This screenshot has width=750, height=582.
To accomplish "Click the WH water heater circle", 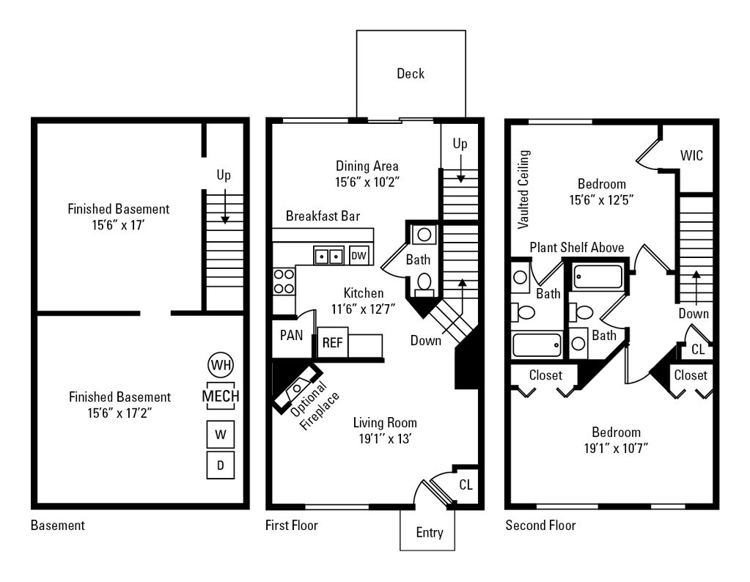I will click(220, 364).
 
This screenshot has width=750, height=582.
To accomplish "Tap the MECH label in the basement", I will click(220, 396).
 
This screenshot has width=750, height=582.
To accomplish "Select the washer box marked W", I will click(220, 434).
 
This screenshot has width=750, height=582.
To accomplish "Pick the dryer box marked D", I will click(220, 465).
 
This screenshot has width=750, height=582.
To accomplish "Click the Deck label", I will click(411, 73).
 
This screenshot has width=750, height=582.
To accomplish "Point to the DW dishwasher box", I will click(359, 255).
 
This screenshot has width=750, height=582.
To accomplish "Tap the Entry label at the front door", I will click(429, 533).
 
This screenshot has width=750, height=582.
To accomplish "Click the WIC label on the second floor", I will click(691, 155).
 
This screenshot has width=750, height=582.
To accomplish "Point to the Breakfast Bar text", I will click(323, 216).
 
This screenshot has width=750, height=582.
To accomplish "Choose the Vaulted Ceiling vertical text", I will click(524, 188).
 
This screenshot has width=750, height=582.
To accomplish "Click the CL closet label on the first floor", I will click(466, 485).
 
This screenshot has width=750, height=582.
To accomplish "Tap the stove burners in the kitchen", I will click(283, 281).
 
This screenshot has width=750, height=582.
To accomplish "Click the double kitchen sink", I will click(329, 256).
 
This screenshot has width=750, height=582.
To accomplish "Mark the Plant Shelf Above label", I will click(577, 247).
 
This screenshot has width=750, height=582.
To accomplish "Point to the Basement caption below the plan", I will click(58, 526).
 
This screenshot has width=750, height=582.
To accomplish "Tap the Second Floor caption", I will click(540, 526).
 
